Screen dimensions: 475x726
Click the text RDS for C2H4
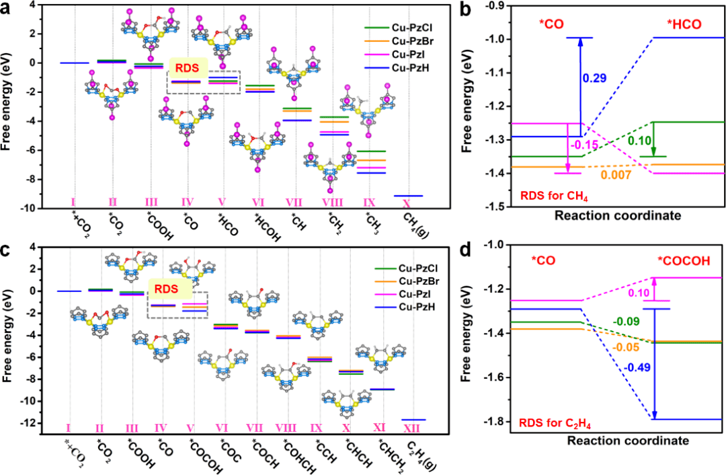click(559, 423)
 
